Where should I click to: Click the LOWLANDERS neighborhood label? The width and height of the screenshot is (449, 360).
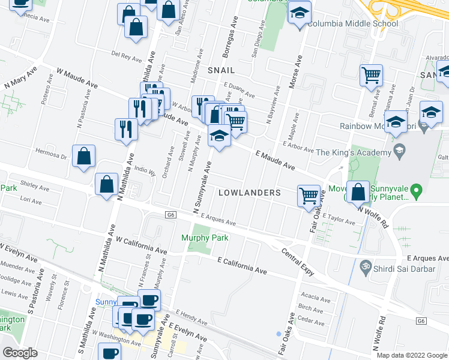tap(249, 193)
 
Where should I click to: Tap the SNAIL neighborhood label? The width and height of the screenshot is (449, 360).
tap(220, 70)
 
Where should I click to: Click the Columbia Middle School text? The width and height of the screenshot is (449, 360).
tap(352, 24)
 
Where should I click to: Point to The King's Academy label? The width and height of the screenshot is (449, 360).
tap(357, 152)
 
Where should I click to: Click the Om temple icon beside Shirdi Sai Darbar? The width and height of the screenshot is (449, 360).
tap(364, 265)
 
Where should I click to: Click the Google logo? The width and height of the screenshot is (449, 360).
tap(20, 352)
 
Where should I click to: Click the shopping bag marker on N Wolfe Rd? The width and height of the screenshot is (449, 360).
tap(358, 192)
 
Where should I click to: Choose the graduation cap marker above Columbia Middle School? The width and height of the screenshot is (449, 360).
tap(298, 12)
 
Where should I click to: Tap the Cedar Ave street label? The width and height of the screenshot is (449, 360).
tap(311, 320)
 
